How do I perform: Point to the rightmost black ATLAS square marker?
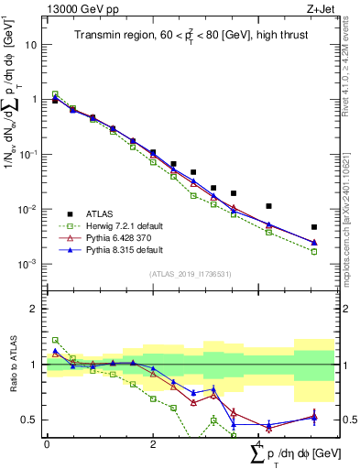[x=314, y=227]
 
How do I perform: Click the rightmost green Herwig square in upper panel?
[x=314, y=251]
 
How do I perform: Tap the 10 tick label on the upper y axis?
[x=30, y=44]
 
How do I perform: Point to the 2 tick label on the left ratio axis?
[x=33, y=309]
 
